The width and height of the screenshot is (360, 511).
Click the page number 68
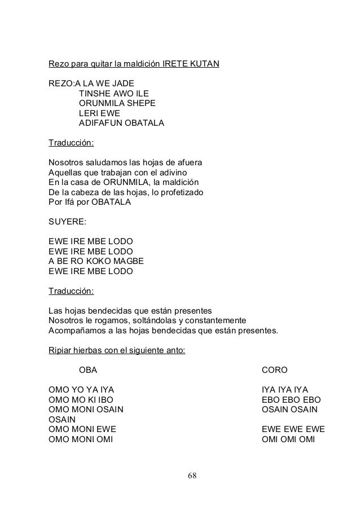pyautogui.click(x=192, y=476)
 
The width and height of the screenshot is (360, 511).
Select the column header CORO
pyautogui.click(x=275, y=370)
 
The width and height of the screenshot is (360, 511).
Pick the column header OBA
pyautogui.click(x=87, y=370)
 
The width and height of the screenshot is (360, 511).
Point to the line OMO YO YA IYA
pyautogui.click(x=85, y=389)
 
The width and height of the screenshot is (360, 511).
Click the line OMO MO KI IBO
pyautogui.click(x=81, y=399)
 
